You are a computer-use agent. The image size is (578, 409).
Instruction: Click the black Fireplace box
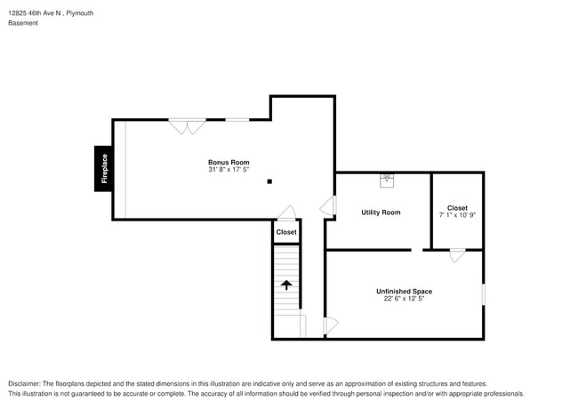coord(103,168)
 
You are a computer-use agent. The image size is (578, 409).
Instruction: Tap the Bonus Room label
coord(229,163)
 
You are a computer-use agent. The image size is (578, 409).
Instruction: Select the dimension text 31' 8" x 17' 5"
coord(229,170)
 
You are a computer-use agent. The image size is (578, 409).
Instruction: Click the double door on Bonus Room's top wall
coord(188,126)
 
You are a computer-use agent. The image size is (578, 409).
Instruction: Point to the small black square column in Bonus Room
coord(269,181)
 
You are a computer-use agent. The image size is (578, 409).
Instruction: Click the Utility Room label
coord(381,213)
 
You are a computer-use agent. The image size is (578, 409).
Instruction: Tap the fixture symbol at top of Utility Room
coord(387,178)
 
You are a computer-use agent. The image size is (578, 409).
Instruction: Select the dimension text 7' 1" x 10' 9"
coord(457,215)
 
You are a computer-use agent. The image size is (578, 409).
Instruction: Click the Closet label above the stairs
coord(286,232)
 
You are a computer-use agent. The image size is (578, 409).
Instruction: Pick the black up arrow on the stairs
coord(286,285)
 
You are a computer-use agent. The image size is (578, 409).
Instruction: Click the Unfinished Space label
coord(404,292)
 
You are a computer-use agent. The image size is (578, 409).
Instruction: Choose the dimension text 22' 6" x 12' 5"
coord(404,299)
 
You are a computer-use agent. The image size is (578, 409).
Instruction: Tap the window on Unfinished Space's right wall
coord(483,293)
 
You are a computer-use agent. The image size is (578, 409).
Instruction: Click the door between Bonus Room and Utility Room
coord(329,207)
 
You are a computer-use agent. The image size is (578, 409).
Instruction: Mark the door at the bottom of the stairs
coord(330,326)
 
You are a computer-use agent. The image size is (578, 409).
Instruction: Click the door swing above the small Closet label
coord(286,213)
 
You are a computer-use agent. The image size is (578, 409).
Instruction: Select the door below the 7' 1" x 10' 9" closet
coord(456,256)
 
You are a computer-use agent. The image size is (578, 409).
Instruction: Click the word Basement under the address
coord(23,23)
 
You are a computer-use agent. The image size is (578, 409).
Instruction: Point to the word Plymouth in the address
coord(79,13)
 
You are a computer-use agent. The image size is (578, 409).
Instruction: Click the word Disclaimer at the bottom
coord(27,383)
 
